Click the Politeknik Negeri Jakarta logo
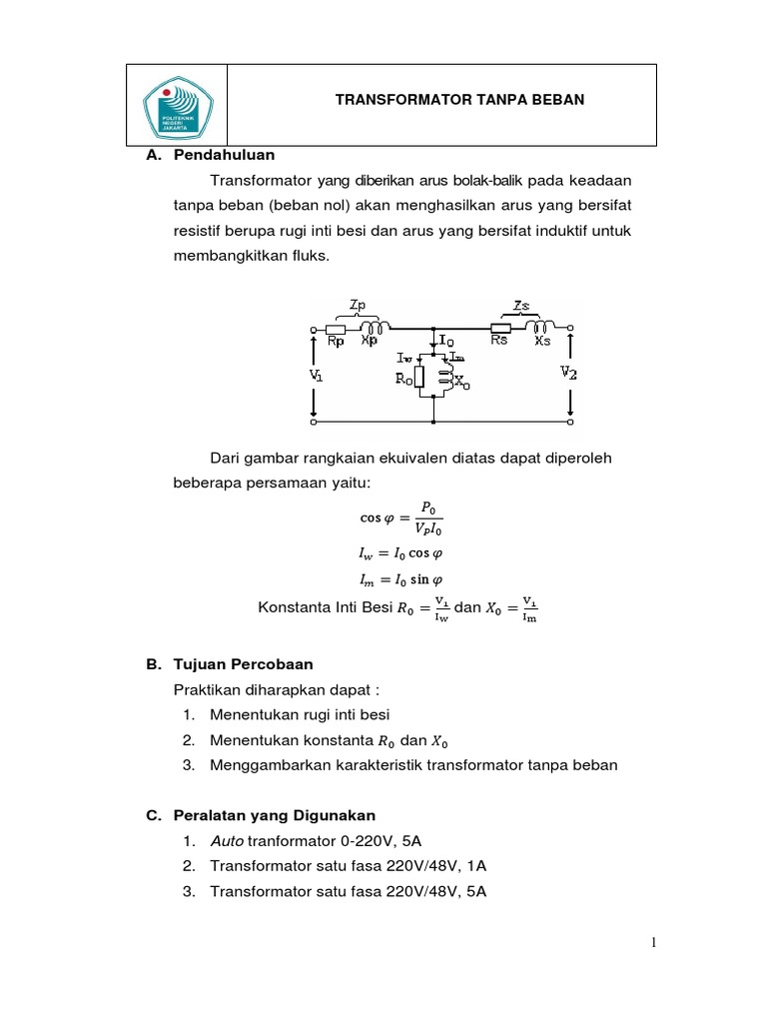177,106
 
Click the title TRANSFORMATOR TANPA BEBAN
459,100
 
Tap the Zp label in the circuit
359,303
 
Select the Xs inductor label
542,341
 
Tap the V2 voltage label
568,373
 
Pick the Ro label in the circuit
403,379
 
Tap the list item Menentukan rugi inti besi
300,714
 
